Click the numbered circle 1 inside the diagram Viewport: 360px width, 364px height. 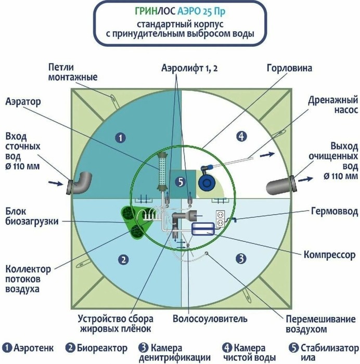pos(120,138)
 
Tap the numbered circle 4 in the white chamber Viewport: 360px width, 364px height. pos(241,136)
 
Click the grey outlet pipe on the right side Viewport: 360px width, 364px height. pos(281,185)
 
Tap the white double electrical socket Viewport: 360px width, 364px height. pos(220,219)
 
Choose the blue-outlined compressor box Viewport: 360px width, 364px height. pos(203,229)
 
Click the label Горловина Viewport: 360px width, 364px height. pos(289,68)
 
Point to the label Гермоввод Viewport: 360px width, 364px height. pos(334,212)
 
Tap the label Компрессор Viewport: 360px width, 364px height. pos(330,255)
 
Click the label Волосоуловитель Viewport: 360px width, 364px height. pos(210,319)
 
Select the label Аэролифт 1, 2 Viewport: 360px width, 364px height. pos(189,68)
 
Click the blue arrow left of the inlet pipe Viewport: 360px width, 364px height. pos(56,183)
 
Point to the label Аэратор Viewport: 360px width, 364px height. pos(23,102)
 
